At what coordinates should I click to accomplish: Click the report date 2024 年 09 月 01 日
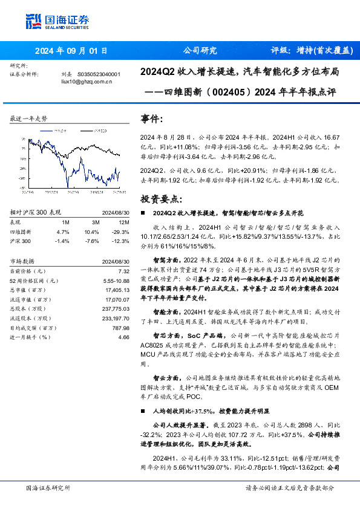(x=71, y=51)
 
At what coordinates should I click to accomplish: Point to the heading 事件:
(x=151, y=119)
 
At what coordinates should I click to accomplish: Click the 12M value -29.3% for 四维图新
(x=120, y=232)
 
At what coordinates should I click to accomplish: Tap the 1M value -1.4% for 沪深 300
(x=63, y=241)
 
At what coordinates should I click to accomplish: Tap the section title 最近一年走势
(x=29, y=118)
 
